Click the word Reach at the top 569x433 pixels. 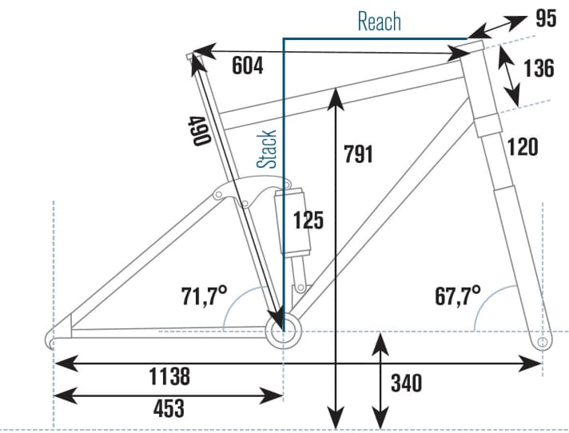pyautogui.click(x=380, y=22)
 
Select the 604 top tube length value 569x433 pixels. pyautogui.click(x=249, y=66)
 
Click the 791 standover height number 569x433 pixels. pyautogui.click(x=358, y=154)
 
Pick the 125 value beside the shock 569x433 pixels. pyautogui.click(x=308, y=220)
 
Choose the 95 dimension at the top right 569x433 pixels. pyautogui.click(x=545, y=18)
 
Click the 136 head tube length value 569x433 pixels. pyautogui.click(x=539, y=69)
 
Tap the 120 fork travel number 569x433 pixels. pyautogui.click(x=522, y=147)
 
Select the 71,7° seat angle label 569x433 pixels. pyautogui.click(x=201, y=298)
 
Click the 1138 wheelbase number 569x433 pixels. pyautogui.click(x=169, y=375)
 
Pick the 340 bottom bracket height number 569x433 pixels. pyautogui.click(x=406, y=383)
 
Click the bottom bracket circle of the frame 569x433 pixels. pyautogui.click(x=283, y=331)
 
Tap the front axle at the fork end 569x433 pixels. pyautogui.click(x=543, y=342)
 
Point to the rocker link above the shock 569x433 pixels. pyautogui.click(x=240, y=192)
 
